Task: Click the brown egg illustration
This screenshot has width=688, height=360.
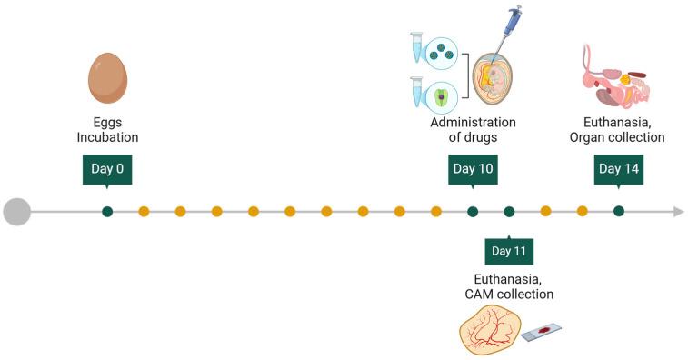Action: tap(107, 80)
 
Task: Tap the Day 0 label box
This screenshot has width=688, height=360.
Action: tap(106, 168)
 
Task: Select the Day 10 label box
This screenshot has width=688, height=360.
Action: tap(473, 168)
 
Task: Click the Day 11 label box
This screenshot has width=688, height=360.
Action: tap(509, 250)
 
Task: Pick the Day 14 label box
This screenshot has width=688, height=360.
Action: tap(619, 168)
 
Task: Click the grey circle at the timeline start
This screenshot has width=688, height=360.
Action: tap(16, 212)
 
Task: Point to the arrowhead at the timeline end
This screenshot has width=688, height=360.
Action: tap(678, 212)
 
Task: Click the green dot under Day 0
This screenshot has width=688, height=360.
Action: tap(107, 212)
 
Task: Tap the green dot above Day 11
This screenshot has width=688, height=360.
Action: tap(509, 212)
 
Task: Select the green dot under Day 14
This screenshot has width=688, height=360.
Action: tap(619, 212)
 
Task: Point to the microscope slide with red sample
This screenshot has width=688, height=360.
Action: tap(542, 331)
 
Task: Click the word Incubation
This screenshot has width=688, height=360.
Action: tap(107, 138)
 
